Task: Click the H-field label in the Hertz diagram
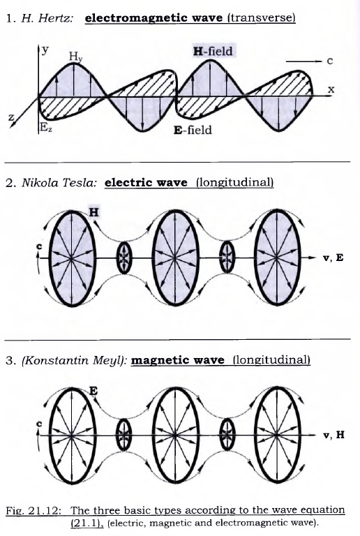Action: [x=213, y=51]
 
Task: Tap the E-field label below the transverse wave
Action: [x=193, y=130]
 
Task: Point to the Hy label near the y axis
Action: [x=75, y=57]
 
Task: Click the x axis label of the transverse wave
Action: [x=331, y=89]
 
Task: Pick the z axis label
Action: [x=12, y=118]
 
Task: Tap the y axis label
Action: [x=45, y=50]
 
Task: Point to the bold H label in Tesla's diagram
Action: [x=93, y=212]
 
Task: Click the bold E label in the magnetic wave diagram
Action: [x=93, y=390]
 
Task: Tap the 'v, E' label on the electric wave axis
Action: [x=333, y=258]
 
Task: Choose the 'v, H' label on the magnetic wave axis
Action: [x=333, y=435]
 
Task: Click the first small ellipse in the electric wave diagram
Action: [x=124, y=258]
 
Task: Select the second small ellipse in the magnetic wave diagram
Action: [x=227, y=435]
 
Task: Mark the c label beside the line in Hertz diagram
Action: [x=329, y=61]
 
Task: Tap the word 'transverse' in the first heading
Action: [x=262, y=17]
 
